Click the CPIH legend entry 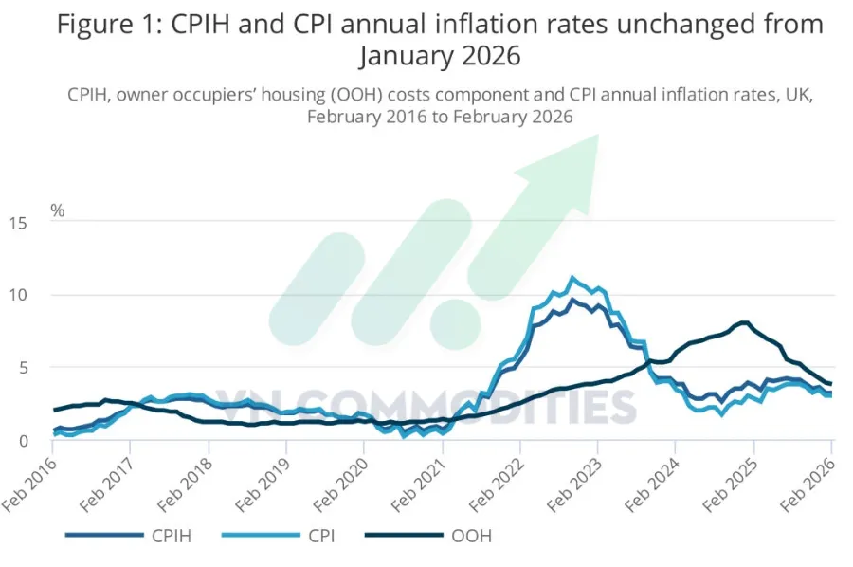click(129, 536)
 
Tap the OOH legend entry click(428, 536)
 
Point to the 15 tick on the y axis click(17, 223)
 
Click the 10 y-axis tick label click(17, 295)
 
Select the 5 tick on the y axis click(23, 368)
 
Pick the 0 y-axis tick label click(23, 440)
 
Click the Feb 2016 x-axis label click(30, 485)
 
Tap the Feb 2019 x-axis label click(263, 485)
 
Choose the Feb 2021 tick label click(419, 485)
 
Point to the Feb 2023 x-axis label click(574, 485)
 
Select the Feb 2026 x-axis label click(808, 485)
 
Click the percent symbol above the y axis click(57, 210)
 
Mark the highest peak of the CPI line click(572, 278)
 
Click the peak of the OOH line click(745, 322)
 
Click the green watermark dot click(455, 324)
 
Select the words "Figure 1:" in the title click(109, 25)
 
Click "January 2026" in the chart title click(440, 56)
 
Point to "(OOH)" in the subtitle click(355, 95)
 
